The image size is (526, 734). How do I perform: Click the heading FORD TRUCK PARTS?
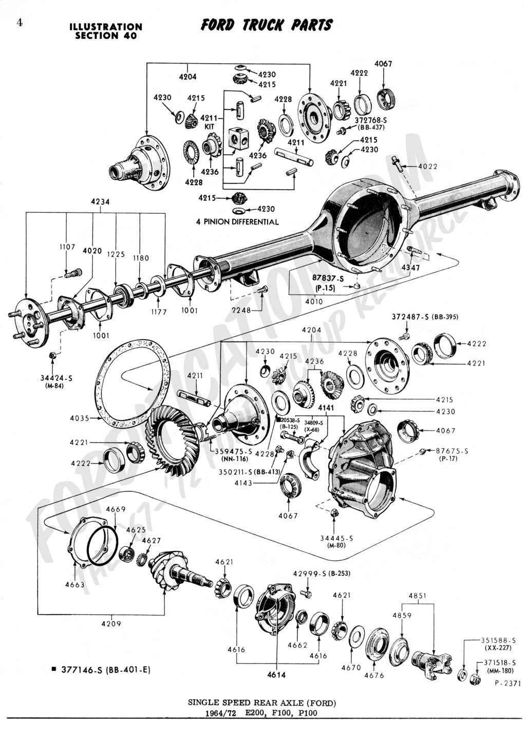(x=266, y=25)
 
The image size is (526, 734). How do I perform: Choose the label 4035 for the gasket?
(x=79, y=418)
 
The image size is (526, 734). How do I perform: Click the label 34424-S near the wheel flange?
(x=57, y=378)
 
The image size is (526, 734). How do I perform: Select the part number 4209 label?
(x=111, y=623)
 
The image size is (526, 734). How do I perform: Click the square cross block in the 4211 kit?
(x=239, y=139)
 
